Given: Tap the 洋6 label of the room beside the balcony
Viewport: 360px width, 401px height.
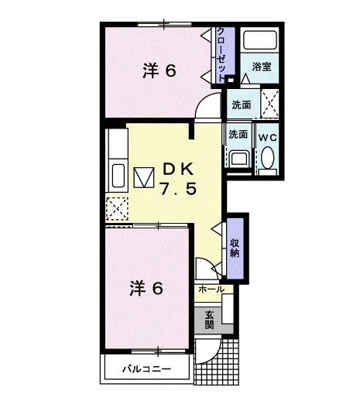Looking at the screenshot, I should pyautogui.click(x=145, y=289).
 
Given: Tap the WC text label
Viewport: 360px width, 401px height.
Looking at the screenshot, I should pyautogui.click(x=267, y=136).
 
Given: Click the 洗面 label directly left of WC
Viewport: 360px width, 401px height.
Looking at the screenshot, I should pyautogui.click(x=238, y=134).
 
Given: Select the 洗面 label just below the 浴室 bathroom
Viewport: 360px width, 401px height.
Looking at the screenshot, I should pyautogui.click(x=242, y=104).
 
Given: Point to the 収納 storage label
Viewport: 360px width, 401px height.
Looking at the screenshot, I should pyautogui.click(x=235, y=248).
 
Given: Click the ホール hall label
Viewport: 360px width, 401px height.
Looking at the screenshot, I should pyautogui.click(x=211, y=290).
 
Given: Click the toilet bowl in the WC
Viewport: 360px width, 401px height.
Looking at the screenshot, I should pyautogui.click(x=268, y=159).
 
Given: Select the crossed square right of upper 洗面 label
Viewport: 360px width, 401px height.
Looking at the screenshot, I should pyautogui.click(x=269, y=100).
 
